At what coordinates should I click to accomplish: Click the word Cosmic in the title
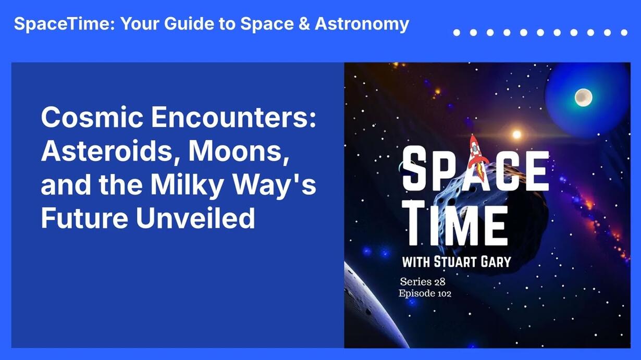pyautogui.click(x=92, y=117)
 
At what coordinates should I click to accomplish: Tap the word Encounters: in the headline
pyautogui.click(x=233, y=117)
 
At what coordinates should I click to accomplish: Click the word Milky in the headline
pyautogui.click(x=187, y=184)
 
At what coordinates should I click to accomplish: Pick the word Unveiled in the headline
pyautogui.click(x=195, y=218)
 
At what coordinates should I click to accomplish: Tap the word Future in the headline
pyautogui.click(x=84, y=218)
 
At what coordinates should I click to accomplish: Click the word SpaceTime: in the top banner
pyautogui.click(x=64, y=23)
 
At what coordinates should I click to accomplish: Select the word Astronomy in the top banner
pyautogui.click(x=362, y=24)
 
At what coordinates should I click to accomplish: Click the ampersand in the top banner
pyautogui.click(x=304, y=23)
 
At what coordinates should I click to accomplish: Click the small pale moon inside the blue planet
pyautogui.click(x=583, y=97)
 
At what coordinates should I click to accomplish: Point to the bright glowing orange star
pyautogui.click(x=516, y=134)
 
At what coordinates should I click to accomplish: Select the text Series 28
pyautogui.click(x=423, y=281)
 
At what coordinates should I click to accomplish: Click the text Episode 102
pyautogui.click(x=425, y=294)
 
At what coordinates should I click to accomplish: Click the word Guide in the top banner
pyautogui.click(x=189, y=23)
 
